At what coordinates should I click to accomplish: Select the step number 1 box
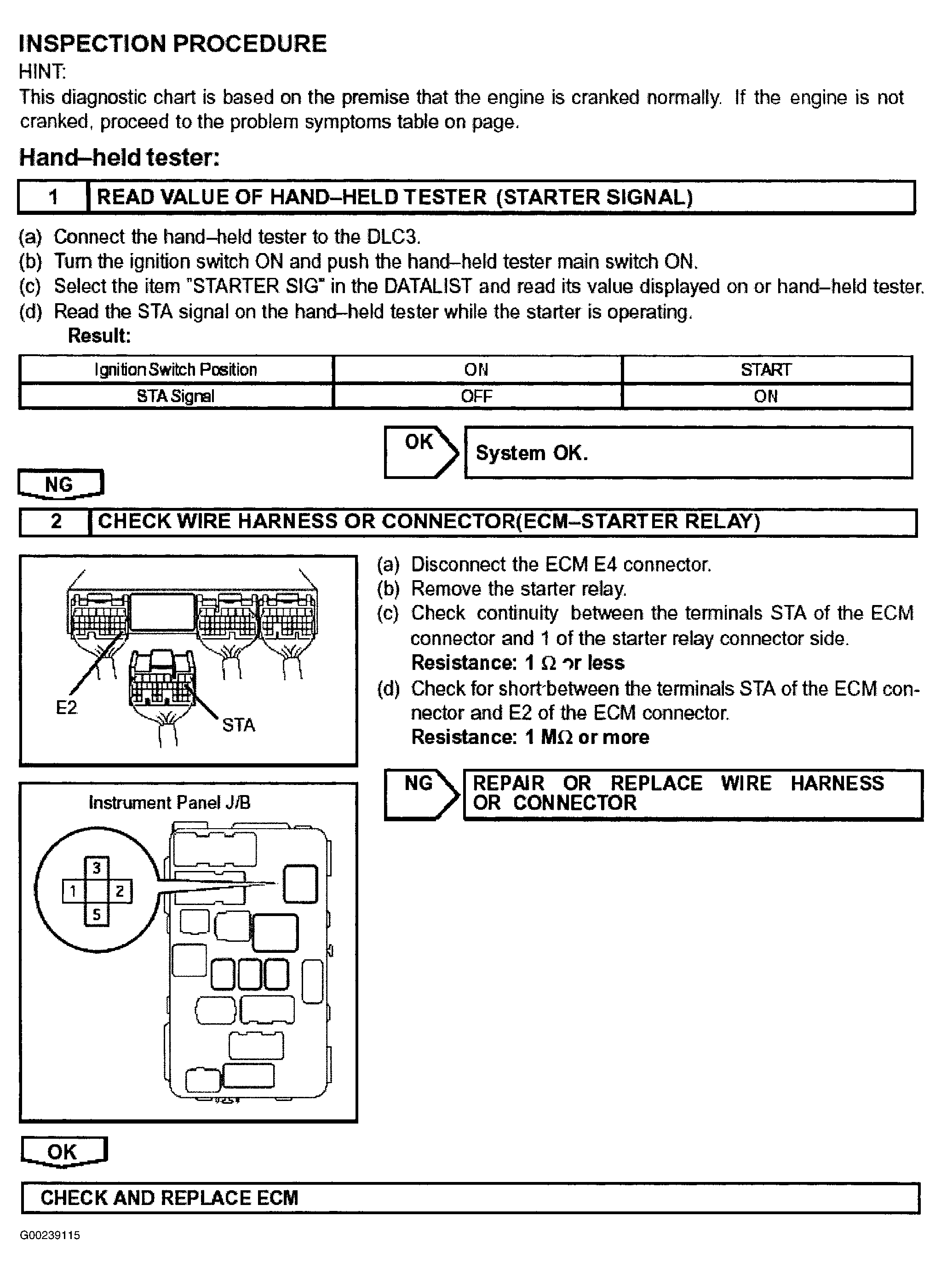53,197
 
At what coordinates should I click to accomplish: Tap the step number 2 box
56,521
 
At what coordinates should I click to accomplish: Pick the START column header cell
766,370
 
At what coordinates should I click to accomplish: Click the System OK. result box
688,453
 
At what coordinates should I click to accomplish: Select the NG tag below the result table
60,485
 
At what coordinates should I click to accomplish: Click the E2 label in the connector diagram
66,708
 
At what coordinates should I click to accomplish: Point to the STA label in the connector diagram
238,725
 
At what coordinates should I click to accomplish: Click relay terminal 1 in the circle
73,891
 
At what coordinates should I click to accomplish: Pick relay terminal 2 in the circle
120,891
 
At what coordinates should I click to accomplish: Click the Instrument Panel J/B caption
169,803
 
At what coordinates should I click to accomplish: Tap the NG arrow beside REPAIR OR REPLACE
420,794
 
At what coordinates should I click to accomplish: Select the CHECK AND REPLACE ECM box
470,1198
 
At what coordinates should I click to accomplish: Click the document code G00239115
50,1235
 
